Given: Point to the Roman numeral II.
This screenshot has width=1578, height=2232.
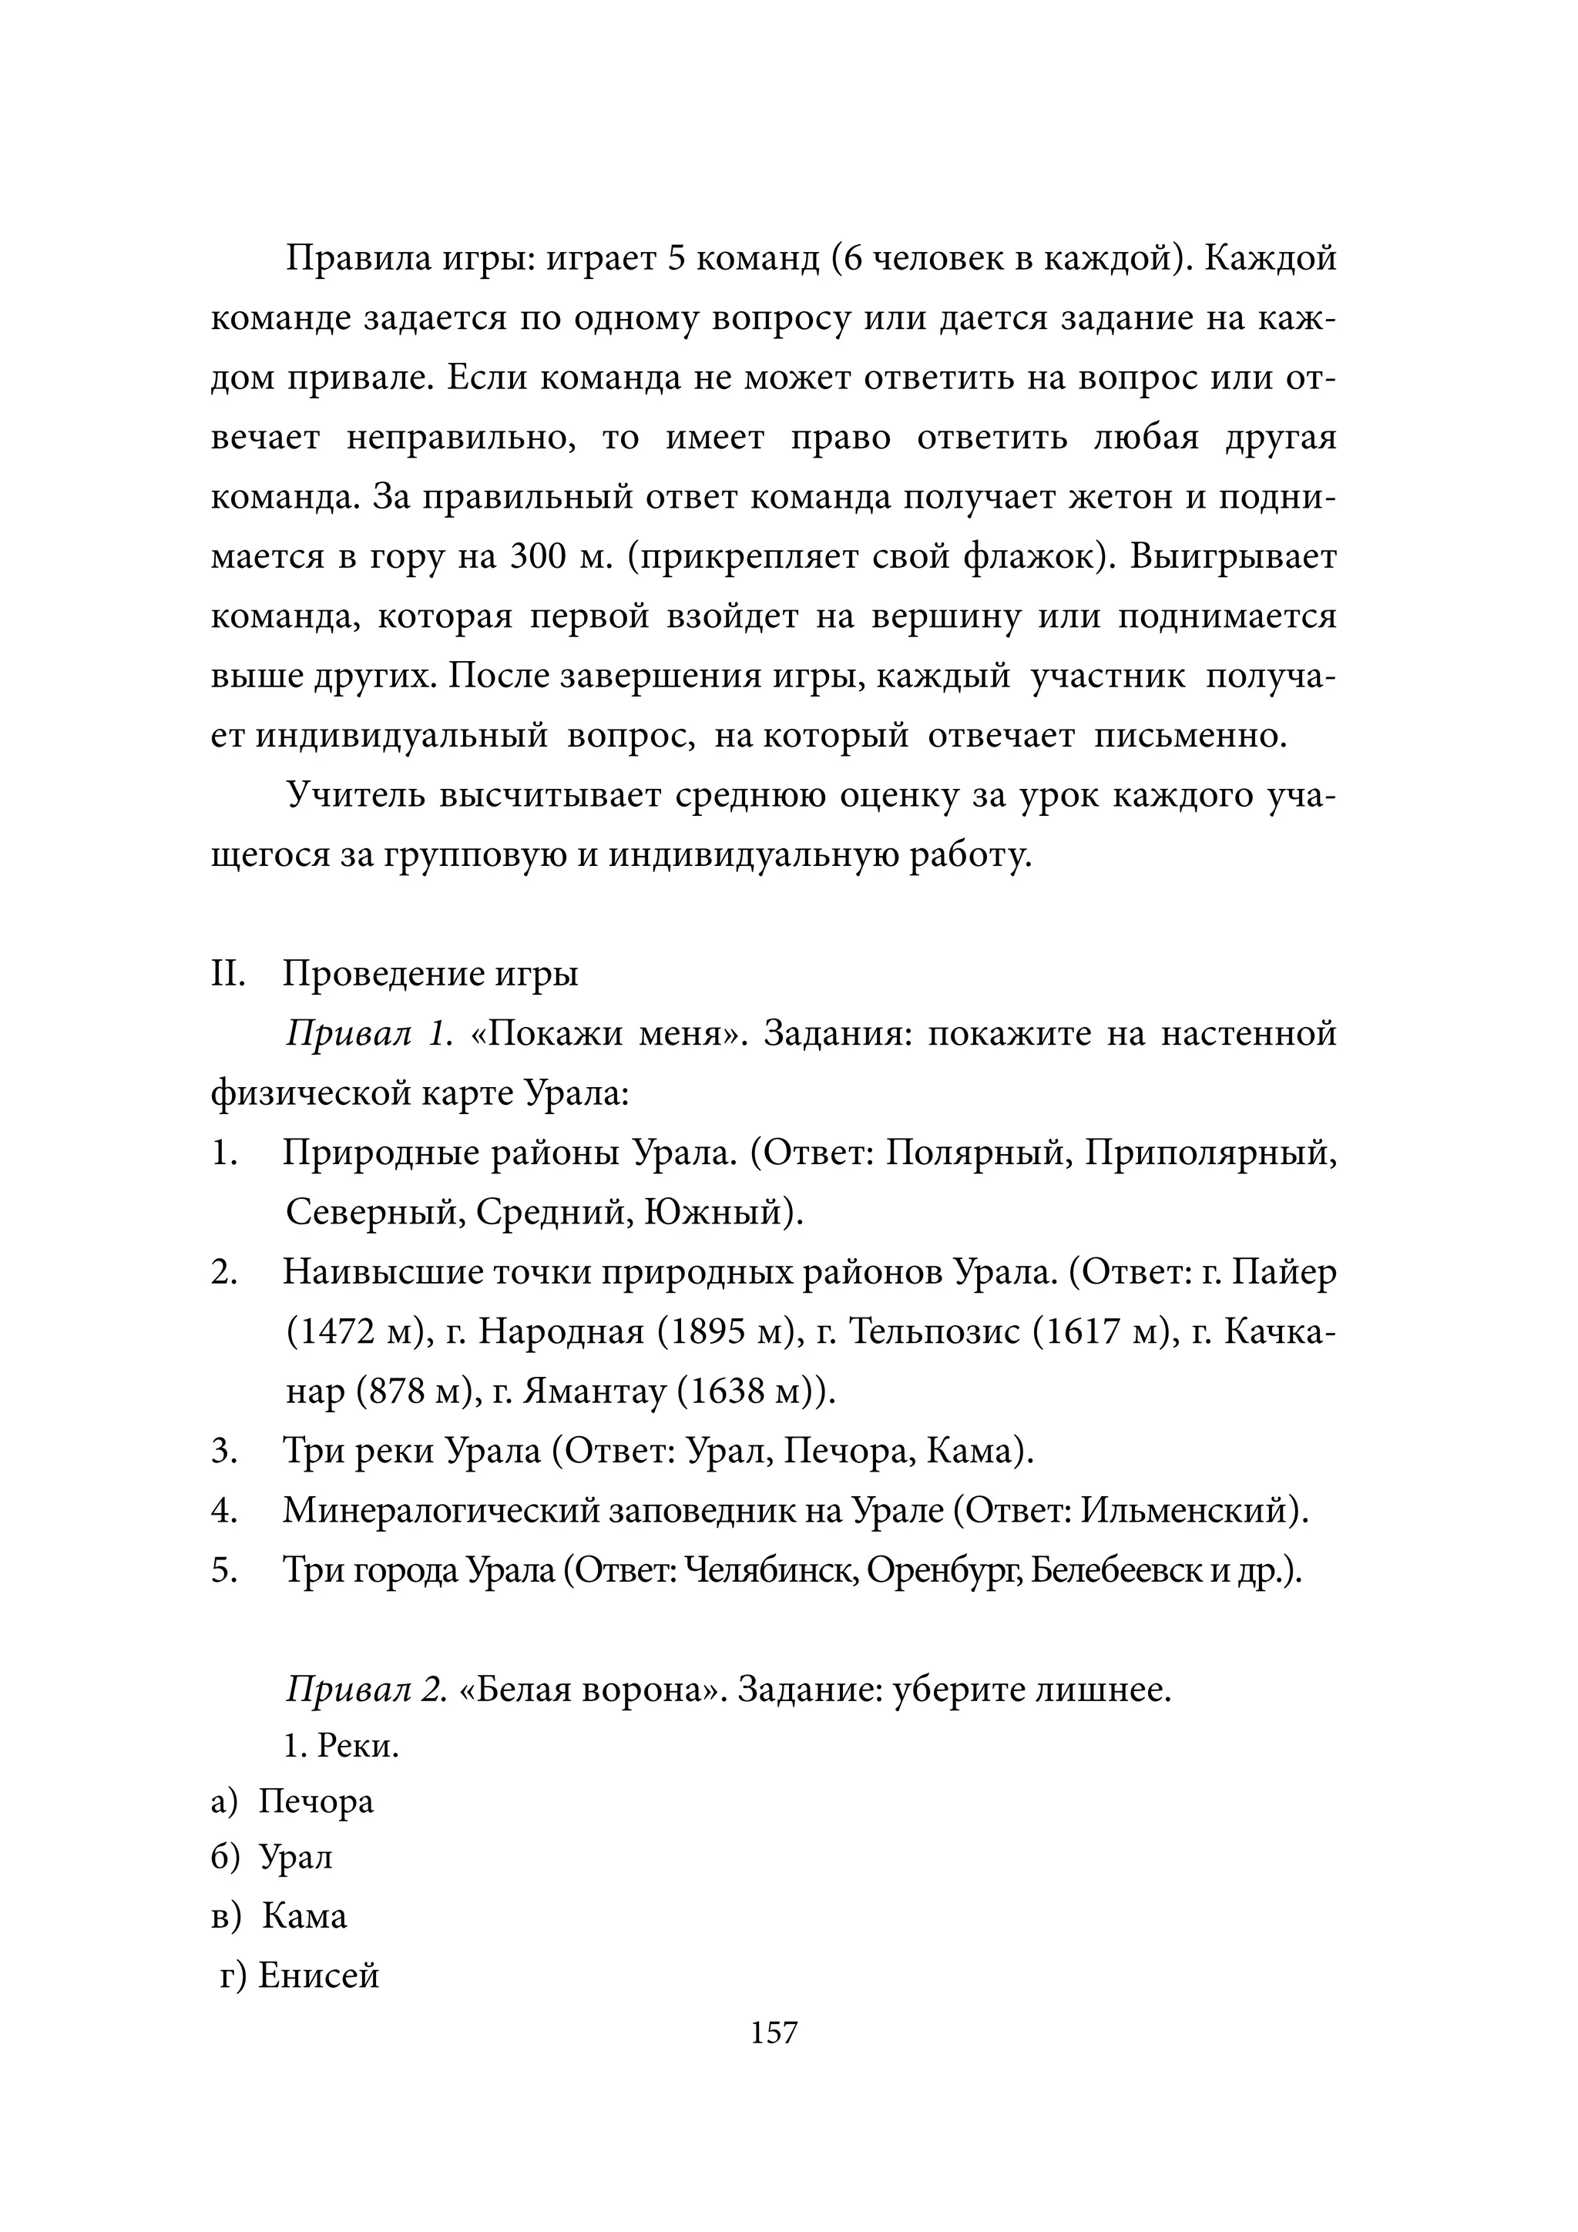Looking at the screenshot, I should pos(227,974).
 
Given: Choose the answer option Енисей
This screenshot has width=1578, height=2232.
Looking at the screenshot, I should pos(318,1976).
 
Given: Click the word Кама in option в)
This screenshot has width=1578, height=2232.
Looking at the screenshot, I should pos(304,1916).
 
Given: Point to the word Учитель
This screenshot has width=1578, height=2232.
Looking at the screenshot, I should pos(355,795).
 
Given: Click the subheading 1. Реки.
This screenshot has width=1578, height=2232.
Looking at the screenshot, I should pos(341,1747).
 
